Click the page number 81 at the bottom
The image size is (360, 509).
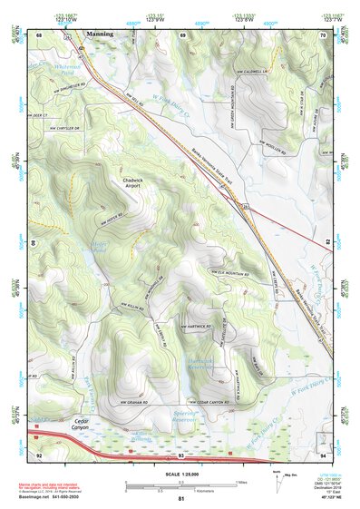[x=181, y=499]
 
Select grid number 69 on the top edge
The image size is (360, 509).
[x=183, y=34]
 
